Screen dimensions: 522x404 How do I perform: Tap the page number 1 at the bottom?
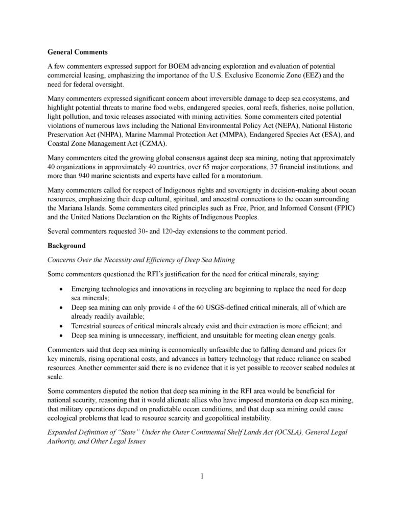coord(202,477)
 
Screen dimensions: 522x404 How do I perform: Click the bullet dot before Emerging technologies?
coord(62,289)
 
